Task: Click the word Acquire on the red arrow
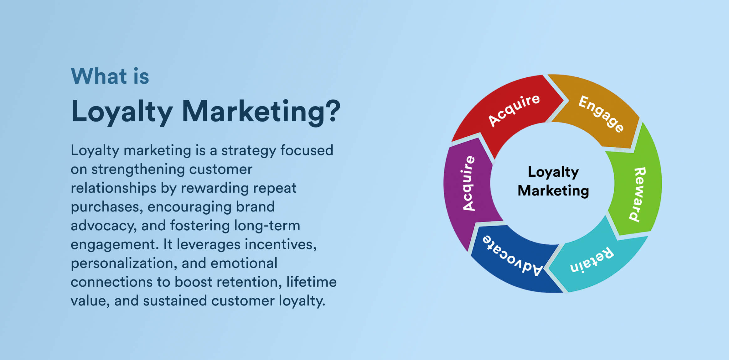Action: (514, 110)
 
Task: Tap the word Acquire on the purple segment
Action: (468, 183)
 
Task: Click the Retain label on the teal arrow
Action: (592, 260)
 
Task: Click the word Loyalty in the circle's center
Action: (553, 172)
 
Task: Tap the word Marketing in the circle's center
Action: (553, 190)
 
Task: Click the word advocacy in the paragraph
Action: (104, 226)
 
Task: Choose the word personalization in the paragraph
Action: (124, 263)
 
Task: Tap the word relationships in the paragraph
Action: (113, 188)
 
